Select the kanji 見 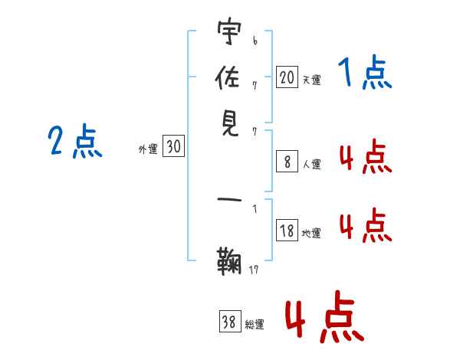click(228, 123)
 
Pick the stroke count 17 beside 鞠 click(254, 269)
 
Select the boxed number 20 click(287, 77)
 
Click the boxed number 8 click(287, 162)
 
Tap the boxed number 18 click(287, 231)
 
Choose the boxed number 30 click(173, 147)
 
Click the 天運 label click(311, 80)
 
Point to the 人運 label click(311, 164)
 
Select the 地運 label click(311, 234)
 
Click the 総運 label click(255, 325)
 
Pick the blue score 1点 click(366, 74)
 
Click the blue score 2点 click(75, 142)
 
